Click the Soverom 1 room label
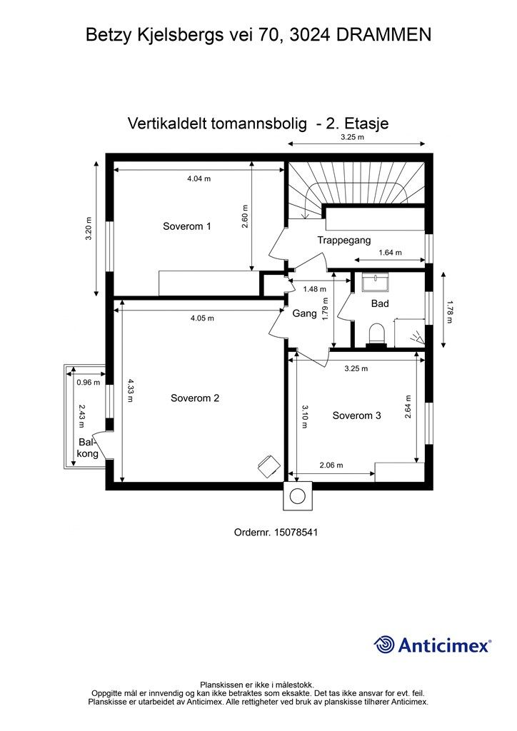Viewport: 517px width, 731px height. click(x=186, y=226)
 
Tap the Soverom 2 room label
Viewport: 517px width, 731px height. click(x=195, y=398)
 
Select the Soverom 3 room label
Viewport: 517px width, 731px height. click(x=356, y=415)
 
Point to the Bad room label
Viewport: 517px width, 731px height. click(x=380, y=303)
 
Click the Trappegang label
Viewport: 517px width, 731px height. click(x=344, y=241)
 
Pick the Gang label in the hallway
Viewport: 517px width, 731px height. click(x=305, y=313)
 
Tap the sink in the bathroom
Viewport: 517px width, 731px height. click(x=375, y=283)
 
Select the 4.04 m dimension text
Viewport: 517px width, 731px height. click(x=199, y=179)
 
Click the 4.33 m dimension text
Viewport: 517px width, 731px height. click(x=129, y=390)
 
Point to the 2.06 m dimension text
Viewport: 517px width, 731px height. click(x=331, y=465)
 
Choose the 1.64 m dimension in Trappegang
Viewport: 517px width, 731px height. click(x=390, y=253)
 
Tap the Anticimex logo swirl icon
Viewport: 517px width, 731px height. click(x=385, y=645)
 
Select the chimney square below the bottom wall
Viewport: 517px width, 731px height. click(x=298, y=495)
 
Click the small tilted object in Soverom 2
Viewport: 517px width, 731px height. click(x=268, y=465)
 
